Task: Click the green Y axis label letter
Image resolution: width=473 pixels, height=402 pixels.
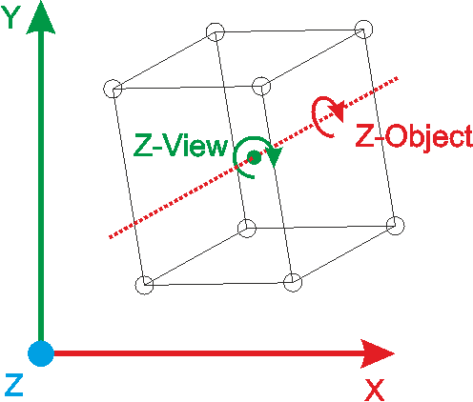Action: (x=11, y=17)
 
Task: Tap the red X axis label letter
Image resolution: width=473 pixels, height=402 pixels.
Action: (x=375, y=390)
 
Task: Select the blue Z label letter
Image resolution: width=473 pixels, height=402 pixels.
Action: (x=14, y=385)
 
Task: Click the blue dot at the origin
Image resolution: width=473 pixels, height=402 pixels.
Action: (x=41, y=353)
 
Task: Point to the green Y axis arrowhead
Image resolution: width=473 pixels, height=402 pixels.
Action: (x=41, y=18)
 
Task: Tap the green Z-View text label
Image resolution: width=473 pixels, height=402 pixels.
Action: (x=181, y=145)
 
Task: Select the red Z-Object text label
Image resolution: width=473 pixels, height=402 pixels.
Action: (x=414, y=136)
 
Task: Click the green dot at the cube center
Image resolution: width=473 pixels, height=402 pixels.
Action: (x=254, y=157)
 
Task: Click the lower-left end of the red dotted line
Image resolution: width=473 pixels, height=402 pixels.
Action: (x=110, y=237)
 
